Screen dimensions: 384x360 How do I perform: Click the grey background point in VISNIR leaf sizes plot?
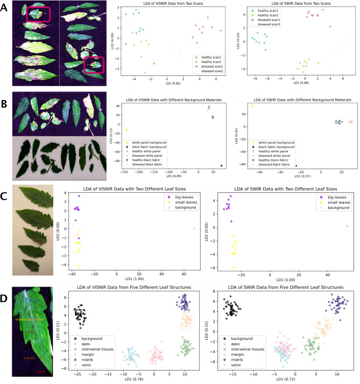click(x=195, y=228)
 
